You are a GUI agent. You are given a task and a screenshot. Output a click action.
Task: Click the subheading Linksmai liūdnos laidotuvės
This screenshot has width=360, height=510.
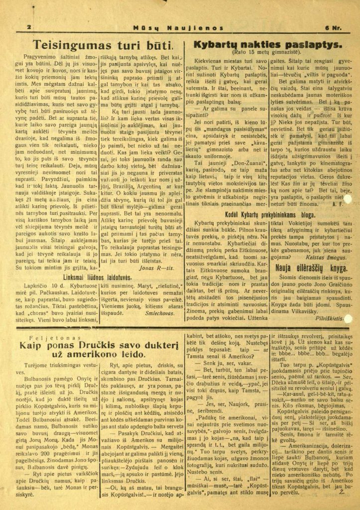(97, 277)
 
